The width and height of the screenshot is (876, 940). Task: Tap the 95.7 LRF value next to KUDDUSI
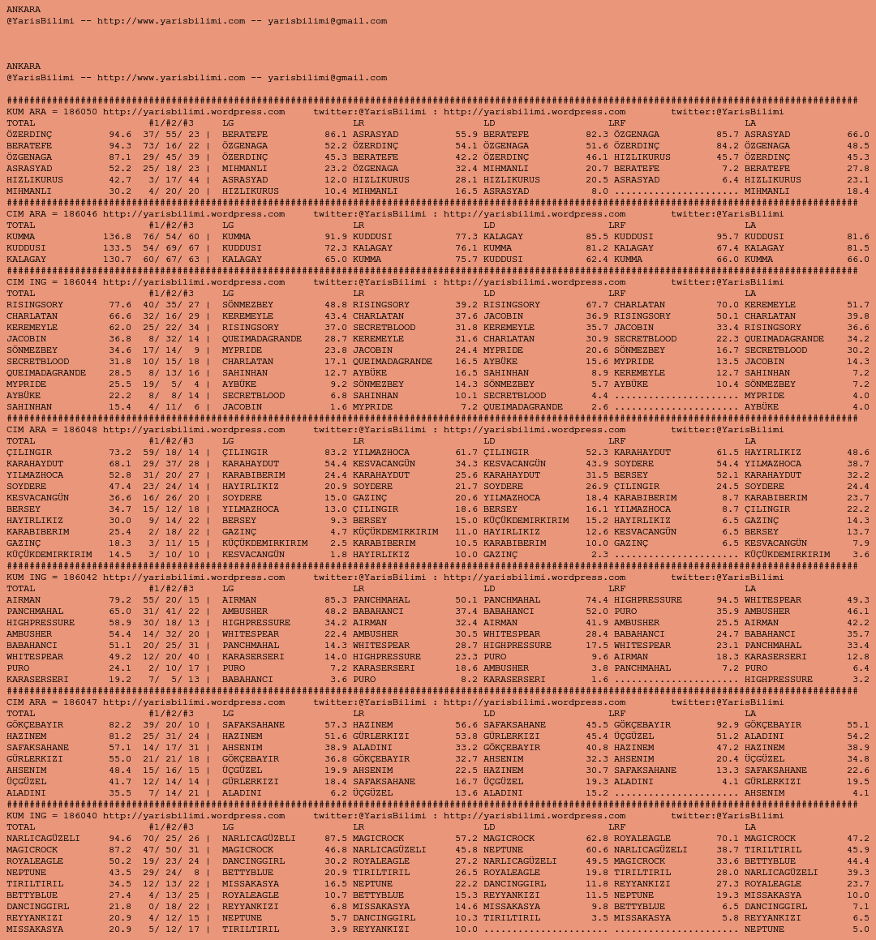pos(728,237)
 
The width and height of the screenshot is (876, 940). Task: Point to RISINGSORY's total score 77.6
pos(120,305)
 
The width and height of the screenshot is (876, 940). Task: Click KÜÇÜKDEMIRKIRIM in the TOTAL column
pos(49,555)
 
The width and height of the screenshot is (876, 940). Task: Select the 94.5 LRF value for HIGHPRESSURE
pos(728,600)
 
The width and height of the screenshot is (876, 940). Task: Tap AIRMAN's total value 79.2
pos(120,600)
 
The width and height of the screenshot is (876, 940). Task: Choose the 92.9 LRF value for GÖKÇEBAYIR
pos(728,725)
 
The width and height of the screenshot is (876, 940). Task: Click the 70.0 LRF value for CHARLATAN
pos(728,305)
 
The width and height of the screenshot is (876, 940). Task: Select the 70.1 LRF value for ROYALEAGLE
pos(728,839)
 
